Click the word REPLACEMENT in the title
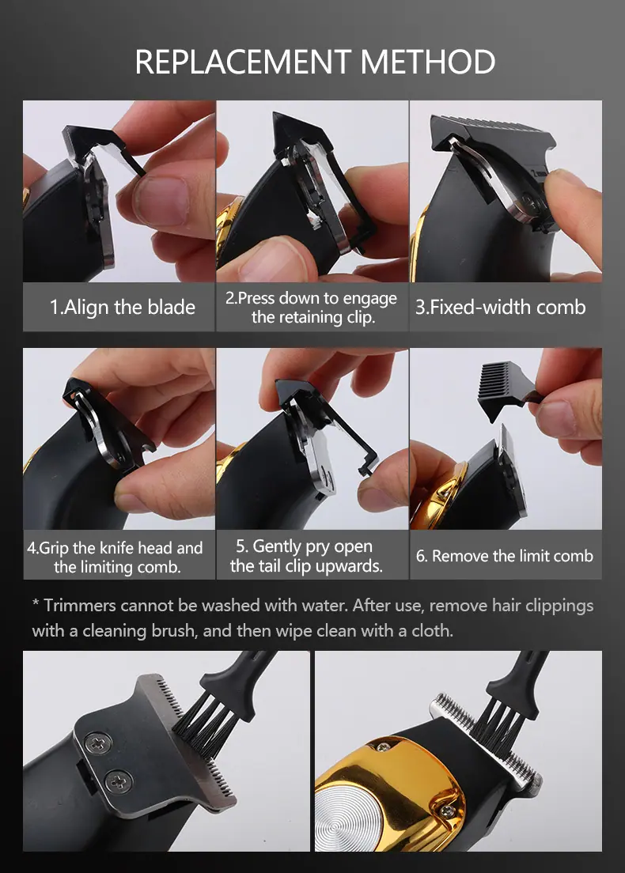coord(243,62)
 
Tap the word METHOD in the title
coord(428,62)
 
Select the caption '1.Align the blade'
coord(123,308)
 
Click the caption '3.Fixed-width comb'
coord(500,308)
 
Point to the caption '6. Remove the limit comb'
coord(505,556)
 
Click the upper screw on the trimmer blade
coord(98,743)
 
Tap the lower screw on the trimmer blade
coord(119,781)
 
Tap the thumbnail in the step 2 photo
coord(272,261)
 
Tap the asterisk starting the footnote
coord(36,603)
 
